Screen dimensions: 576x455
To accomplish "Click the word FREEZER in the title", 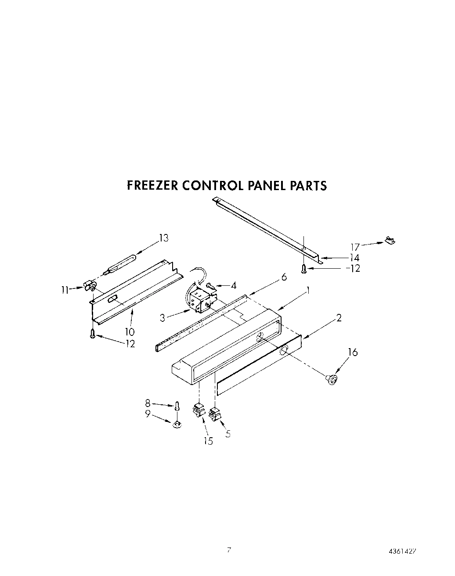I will click(152, 186).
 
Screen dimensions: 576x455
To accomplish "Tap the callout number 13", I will click(163, 238).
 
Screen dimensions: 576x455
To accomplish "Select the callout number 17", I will click(355, 247).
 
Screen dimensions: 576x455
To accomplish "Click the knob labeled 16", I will click(332, 379).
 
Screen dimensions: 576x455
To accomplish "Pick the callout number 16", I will click(353, 352).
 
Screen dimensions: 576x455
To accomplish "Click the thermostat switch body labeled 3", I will click(200, 300).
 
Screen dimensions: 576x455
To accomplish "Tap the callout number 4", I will click(234, 286).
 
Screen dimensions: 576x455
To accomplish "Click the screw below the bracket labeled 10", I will click(92, 334).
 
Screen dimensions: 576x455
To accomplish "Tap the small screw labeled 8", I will click(177, 406).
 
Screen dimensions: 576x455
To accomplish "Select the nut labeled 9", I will click(177, 424).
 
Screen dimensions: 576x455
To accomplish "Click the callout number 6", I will click(284, 277).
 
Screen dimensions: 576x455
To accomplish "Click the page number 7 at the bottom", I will click(229, 550).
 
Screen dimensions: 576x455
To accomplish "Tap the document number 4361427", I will click(402, 551).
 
